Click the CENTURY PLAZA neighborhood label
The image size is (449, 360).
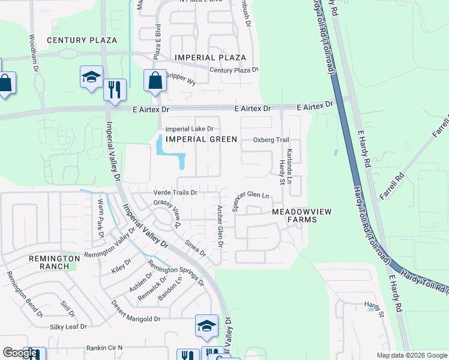click(x=82, y=40)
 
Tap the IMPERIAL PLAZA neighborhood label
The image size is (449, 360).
click(x=210, y=58)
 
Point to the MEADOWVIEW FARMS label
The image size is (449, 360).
click(x=294, y=216)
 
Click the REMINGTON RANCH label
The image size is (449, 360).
click(x=54, y=262)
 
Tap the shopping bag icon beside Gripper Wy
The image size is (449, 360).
click(x=155, y=81)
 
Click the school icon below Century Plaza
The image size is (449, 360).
click(x=91, y=77)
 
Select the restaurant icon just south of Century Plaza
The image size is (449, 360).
click(x=114, y=90)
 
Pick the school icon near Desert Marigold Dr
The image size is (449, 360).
click(x=206, y=326)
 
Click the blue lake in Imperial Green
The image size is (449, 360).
click(x=170, y=154)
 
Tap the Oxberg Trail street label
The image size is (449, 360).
click(x=271, y=140)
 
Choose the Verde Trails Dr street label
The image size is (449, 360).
click(x=176, y=193)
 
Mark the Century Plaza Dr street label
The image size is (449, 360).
click(x=234, y=70)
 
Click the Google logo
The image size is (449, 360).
click(x=20, y=353)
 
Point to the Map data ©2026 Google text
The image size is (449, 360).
click(x=411, y=355)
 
